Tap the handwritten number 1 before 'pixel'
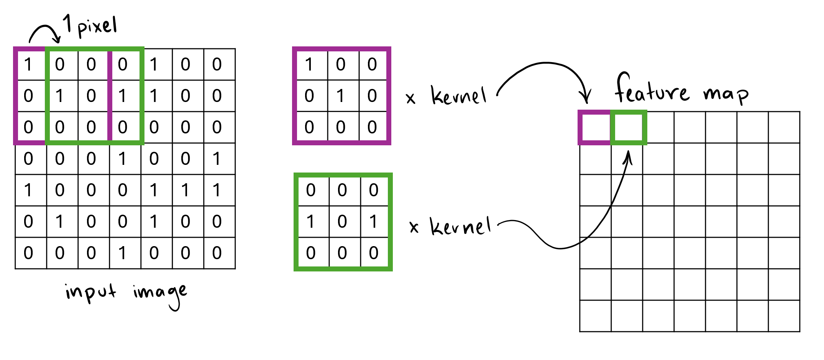point(67,23)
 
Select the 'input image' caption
point(126,294)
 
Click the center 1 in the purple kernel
point(340,96)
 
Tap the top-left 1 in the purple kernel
point(309,64)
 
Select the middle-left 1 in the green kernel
point(310,222)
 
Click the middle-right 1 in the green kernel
point(373,222)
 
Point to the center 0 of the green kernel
point(342,222)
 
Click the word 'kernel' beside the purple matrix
point(458,95)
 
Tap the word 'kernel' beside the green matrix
point(460,226)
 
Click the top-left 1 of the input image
point(28,64)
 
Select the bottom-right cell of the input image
point(217,253)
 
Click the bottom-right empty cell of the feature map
point(784,316)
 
